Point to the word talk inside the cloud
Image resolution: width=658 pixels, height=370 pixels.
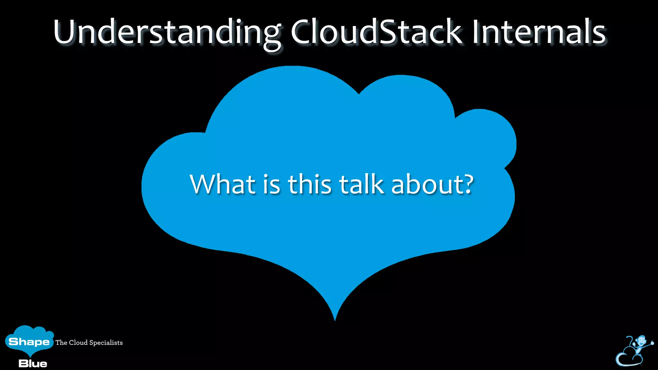361,184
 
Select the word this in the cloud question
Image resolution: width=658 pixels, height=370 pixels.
309,184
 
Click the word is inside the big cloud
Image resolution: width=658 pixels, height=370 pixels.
271,185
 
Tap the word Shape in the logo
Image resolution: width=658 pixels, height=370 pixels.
29,342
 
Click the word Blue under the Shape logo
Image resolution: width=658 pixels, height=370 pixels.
33,364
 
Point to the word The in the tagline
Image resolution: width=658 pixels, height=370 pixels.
61,342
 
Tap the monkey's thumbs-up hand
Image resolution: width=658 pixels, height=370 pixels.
652,343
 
